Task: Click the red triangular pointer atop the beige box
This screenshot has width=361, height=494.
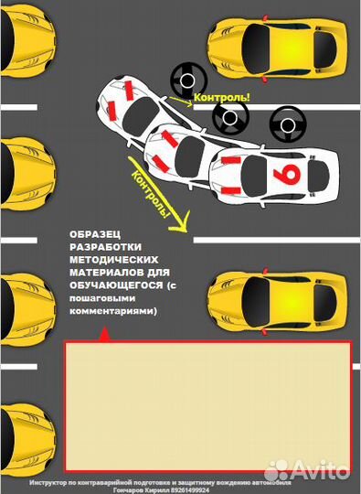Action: (x=102, y=336)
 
